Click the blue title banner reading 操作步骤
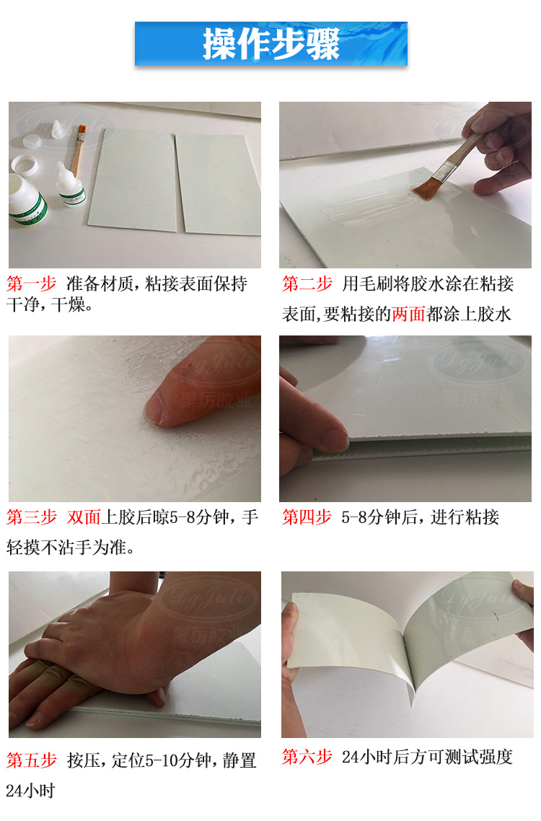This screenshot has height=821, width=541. (270, 44)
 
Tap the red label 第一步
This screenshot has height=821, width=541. (31, 284)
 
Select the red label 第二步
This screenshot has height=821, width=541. (307, 284)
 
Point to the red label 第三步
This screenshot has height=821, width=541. (31, 517)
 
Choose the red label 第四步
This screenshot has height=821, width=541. (307, 517)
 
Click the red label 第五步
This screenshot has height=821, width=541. (31, 760)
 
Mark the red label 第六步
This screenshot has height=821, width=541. (307, 757)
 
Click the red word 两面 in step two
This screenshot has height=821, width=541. (408, 315)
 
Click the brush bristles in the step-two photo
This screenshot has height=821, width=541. (425, 187)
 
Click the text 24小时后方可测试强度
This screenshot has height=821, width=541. (427, 757)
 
